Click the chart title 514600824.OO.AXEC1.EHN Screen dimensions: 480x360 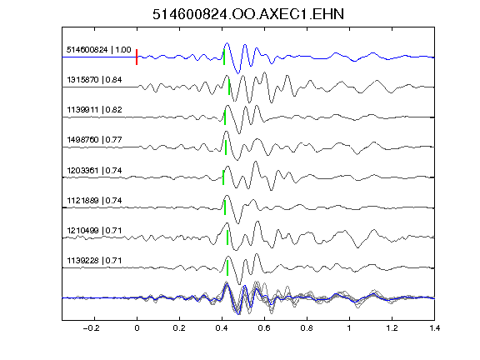pyautogui.click(x=248, y=14)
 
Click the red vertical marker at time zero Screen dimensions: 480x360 pyautogui.click(x=137, y=57)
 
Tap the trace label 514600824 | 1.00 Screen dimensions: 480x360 pyautogui.click(x=98, y=50)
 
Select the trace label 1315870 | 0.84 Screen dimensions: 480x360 pyautogui.click(x=94, y=80)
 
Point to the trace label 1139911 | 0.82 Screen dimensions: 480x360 pyautogui.click(x=94, y=110)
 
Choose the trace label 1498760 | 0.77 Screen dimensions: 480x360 pyautogui.click(x=94, y=140)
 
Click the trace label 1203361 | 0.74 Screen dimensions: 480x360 pyautogui.click(x=94, y=170)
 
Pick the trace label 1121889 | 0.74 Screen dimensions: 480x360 pyautogui.click(x=94, y=201)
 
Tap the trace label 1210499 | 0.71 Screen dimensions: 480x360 pyautogui.click(x=94, y=230)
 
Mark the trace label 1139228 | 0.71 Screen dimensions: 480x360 pyautogui.click(x=94, y=261)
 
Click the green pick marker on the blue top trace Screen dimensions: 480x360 pyautogui.click(x=224, y=57)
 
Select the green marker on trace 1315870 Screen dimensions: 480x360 pyautogui.click(x=229, y=87)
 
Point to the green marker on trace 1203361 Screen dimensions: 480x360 pyautogui.click(x=223, y=177)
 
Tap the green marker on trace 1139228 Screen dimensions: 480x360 pyautogui.click(x=227, y=267)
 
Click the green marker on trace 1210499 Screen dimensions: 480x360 pyautogui.click(x=227, y=237)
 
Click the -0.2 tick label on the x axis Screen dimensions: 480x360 pyautogui.click(x=92, y=328)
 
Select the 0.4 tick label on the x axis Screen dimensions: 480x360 pyautogui.click(x=222, y=328)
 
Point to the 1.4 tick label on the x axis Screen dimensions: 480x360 pyautogui.click(x=434, y=328)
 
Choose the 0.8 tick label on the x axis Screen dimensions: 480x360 pyautogui.click(x=307, y=328)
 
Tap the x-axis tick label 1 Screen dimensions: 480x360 pyautogui.click(x=349, y=328)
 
